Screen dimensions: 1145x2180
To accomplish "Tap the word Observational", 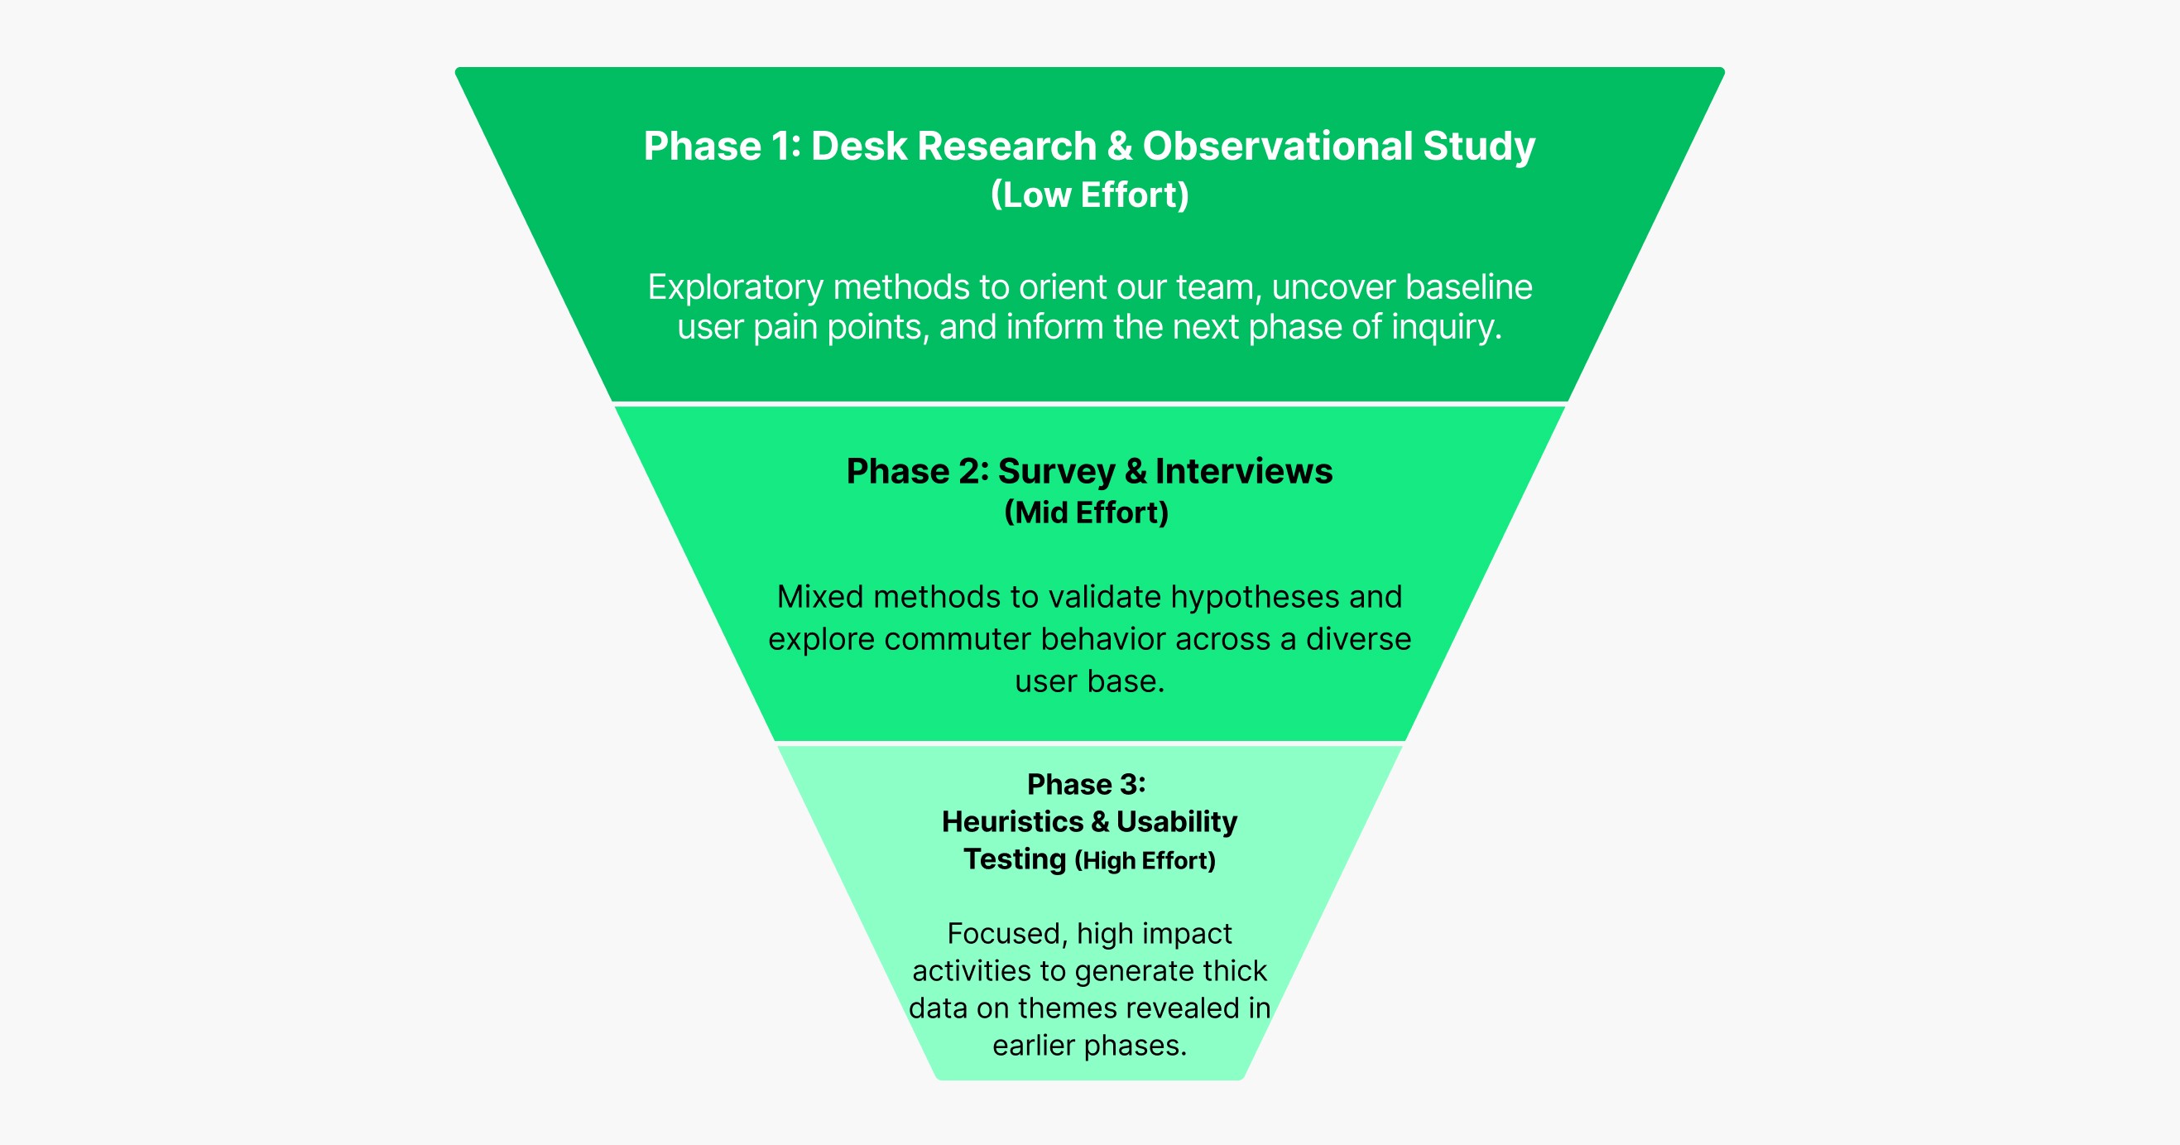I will tap(1277, 147).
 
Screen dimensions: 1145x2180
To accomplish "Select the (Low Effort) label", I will tap(1089, 195).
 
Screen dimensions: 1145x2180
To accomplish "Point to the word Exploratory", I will tap(735, 288).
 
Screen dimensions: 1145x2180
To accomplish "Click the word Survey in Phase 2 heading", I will tap(1056, 471).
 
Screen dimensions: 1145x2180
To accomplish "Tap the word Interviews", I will tap(1243, 471).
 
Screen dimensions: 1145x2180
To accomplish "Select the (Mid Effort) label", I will tap(1086, 512).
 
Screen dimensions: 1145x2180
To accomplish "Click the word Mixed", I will tap(819, 598).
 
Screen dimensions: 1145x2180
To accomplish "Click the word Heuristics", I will tap(1012, 822).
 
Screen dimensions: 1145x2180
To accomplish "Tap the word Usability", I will tap(1176, 822).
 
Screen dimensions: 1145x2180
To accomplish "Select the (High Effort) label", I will tap(1145, 861).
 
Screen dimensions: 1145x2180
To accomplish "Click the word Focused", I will tap(1006, 933).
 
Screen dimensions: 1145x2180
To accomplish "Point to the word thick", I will tap(1231, 970).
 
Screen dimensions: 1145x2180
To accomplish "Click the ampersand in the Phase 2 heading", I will tap(1136, 471).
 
